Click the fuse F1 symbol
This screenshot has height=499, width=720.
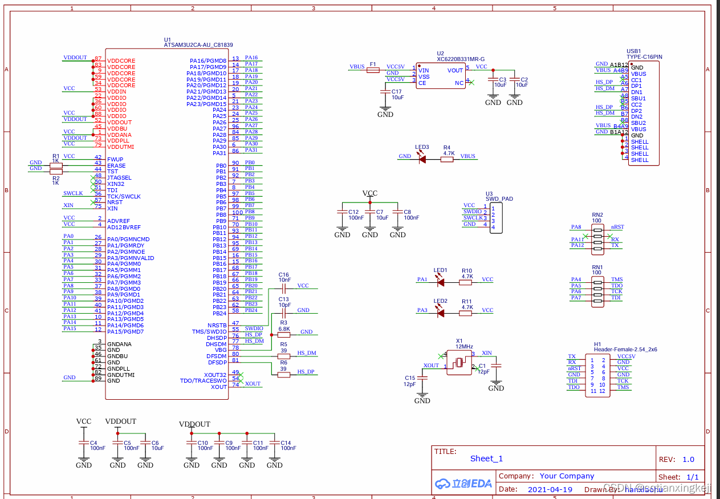pyautogui.click(x=373, y=70)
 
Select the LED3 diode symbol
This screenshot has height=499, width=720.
pyautogui.click(x=422, y=160)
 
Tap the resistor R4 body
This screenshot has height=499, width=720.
pyautogui.click(x=448, y=160)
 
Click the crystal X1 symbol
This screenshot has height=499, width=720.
pyautogui.click(x=459, y=362)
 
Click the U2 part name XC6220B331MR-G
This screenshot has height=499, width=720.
pyautogui.click(x=461, y=59)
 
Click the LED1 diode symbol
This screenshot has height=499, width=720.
pyautogui.click(x=440, y=281)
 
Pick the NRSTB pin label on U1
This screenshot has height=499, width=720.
pyautogui.click(x=217, y=325)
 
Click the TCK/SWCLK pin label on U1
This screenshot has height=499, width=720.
pyautogui.click(x=124, y=196)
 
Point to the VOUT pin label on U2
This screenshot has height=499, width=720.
pyautogui.click(x=455, y=70)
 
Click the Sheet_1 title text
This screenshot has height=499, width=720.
pyautogui.click(x=486, y=459)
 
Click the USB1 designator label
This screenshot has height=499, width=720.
pyautogui.click(x=633, y=51)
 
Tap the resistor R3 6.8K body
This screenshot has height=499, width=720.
pyautogui.click(x=283, y=335)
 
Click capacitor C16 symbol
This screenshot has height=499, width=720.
pyautogui.click(x=283, y=289)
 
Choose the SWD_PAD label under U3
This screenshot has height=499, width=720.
pyautogui.click(x=499, y=199)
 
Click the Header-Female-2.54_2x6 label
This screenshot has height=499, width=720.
pyautogui.click(x=625, y=349)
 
